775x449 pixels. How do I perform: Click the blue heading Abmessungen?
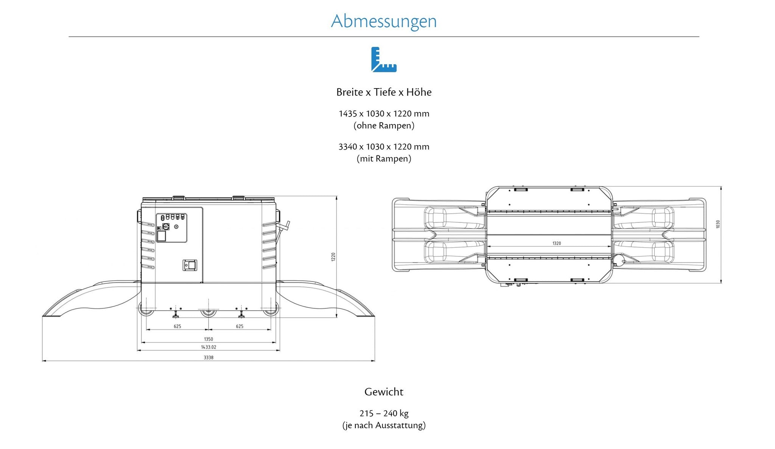[384, 21]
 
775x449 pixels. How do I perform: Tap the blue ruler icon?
[384, 59]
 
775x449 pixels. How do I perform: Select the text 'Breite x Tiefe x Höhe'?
[384, 92]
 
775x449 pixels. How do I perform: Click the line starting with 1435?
[384, 113]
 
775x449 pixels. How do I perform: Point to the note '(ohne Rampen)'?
[384, 126]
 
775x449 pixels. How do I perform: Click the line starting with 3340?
[384, 146]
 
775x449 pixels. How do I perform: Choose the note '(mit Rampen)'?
[384, 158]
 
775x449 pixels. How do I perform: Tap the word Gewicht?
[384, 392]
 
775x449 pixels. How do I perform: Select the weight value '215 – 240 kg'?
[384, 413]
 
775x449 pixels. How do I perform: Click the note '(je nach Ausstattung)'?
[384, 425]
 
